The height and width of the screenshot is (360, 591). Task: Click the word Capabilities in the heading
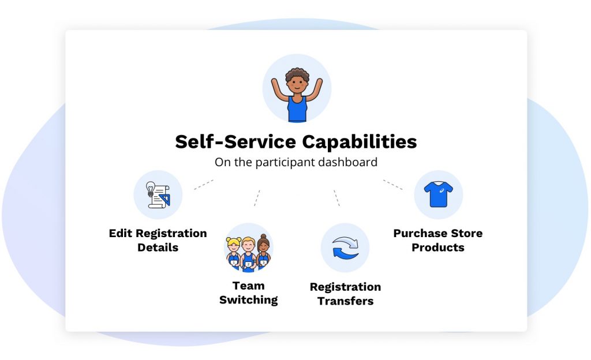tap(359, 142)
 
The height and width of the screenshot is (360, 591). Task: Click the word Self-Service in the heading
tap(235, 141)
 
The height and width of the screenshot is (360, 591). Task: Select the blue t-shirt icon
tap(439, 194)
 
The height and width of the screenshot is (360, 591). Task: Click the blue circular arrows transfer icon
tap(345, 247)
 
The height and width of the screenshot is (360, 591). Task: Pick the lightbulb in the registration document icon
tap(151, 188)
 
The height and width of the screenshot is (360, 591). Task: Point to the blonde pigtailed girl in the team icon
tap(234, 252)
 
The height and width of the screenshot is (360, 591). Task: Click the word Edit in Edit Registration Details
tap(121, 234)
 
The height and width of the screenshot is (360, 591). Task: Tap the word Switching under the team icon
tap(248, 300)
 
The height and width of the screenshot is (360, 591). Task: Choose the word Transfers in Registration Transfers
tap(345, 301)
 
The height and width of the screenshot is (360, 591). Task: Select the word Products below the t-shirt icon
tap(438, 247)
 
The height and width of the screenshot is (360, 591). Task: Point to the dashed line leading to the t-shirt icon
tap(392, 185)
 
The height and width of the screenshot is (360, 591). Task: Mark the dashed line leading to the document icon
tap(204, 185)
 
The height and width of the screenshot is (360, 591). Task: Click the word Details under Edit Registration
tap(158, 247)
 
